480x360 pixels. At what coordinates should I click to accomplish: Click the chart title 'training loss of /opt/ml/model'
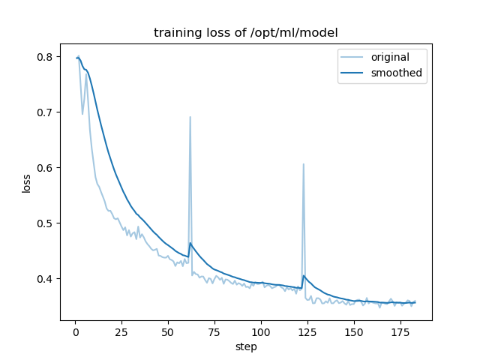pos(245,33)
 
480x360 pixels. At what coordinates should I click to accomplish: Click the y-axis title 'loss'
pos(26,184)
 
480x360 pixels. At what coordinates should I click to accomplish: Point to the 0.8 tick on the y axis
pos(45,57)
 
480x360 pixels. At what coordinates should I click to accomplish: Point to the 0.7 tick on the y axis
pos(45,112)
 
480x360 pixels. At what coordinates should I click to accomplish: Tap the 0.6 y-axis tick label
pos(45,168)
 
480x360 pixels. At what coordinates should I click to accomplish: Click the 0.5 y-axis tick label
pos(45,223)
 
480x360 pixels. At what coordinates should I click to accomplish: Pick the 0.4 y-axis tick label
pos(45,279)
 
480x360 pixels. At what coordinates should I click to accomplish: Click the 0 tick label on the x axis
pos(75,331)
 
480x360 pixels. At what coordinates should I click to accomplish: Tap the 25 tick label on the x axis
pos(121,331)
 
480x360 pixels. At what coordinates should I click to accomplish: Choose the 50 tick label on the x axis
pos(168,331)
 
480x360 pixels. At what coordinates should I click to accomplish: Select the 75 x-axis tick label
pos(214,331)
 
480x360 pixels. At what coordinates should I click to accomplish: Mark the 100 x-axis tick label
pos(261,331)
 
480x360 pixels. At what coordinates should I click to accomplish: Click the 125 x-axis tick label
pos(307,331)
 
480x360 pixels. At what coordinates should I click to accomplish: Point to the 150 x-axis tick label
pos(354,331)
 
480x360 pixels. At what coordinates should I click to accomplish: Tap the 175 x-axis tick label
pos(400,331)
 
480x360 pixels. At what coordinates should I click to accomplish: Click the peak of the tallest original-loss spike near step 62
pos(190,117)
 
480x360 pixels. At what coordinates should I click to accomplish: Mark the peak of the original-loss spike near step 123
pos(303,164)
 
